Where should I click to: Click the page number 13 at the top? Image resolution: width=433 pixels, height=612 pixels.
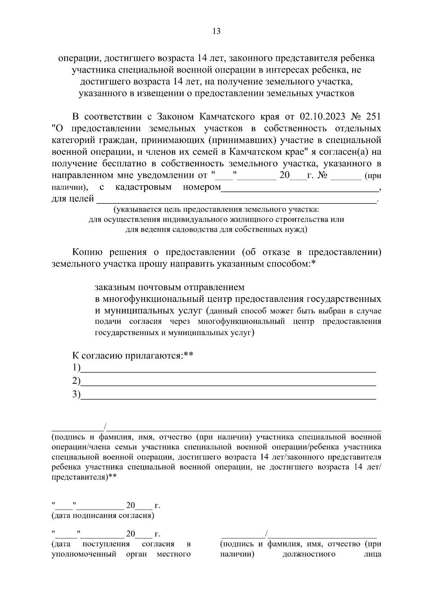[x=216, y=31]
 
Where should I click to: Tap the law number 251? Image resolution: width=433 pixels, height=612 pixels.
[x=373, y=117]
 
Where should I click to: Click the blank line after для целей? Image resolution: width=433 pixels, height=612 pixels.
[x=236, y=201]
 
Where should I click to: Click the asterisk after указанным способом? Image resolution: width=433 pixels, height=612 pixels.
[x=314, y=263]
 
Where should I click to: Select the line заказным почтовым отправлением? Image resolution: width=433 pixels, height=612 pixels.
[x=170, y=287]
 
